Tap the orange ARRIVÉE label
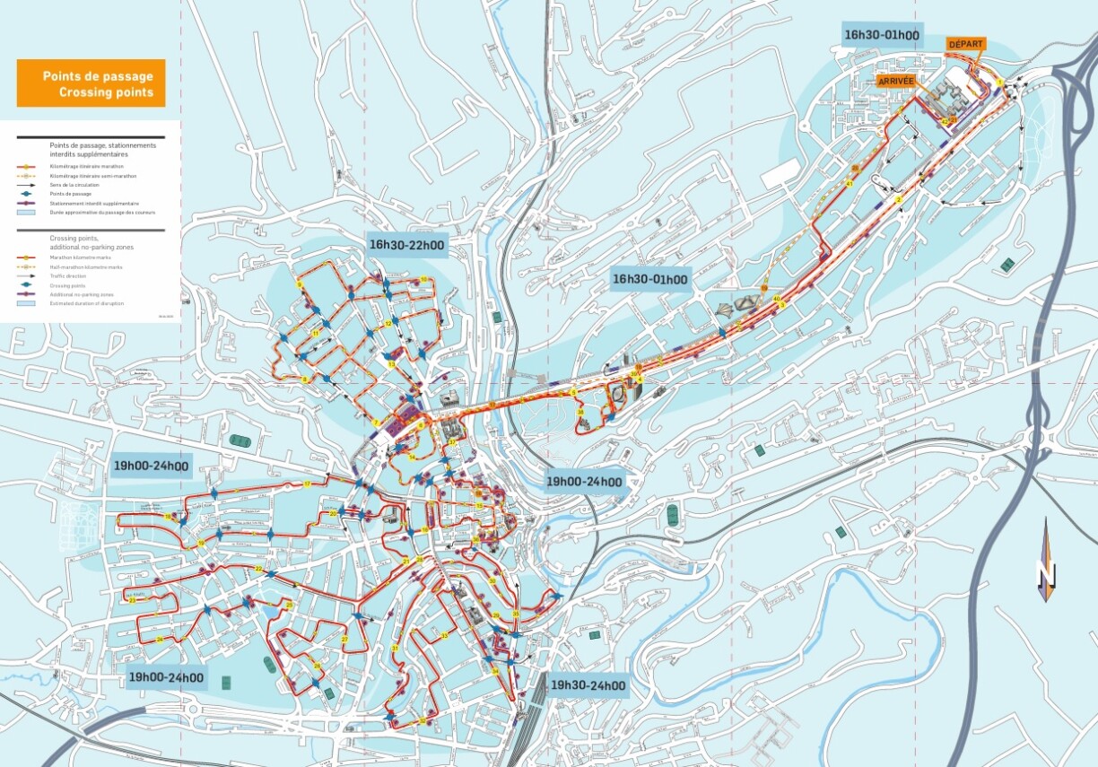pyautogui.click(x=896, y=80)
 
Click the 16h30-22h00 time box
pyautogui.click(x=406, y=245)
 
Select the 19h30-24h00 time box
pyautogui.click(x=588, y=686)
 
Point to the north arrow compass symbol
pyautogui.click(x=1045, y=561)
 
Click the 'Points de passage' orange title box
pyautogui.click(x=91, y=84)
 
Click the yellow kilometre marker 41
pyautogui.click(x=849, y=183)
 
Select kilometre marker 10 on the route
pyautogui.click(x=423, y=280)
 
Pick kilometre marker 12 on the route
pyautogui.click(x=388, y=324)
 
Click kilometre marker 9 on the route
pyautogui.click(x=300, y=284)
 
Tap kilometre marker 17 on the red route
pyautogui.click(x=307, y=484)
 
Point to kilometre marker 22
pyautogui.click(x=258, y=568)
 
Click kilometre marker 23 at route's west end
pyautogui.click(x=132, y=600)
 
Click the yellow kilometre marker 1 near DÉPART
pyautogui.click(x=999, y=83)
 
